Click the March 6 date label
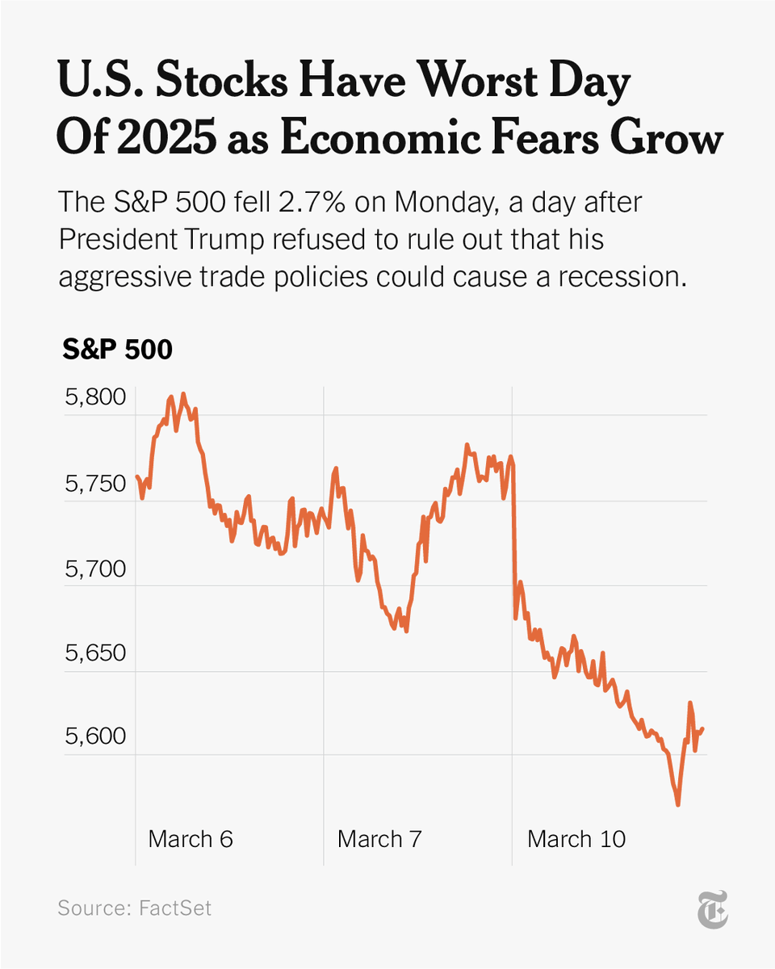coord(191,838)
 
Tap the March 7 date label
coord(379,838)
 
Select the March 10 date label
coord(576,838)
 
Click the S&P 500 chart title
coord(117,350)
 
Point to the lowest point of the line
coord(678,804)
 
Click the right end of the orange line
coord(703,728)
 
